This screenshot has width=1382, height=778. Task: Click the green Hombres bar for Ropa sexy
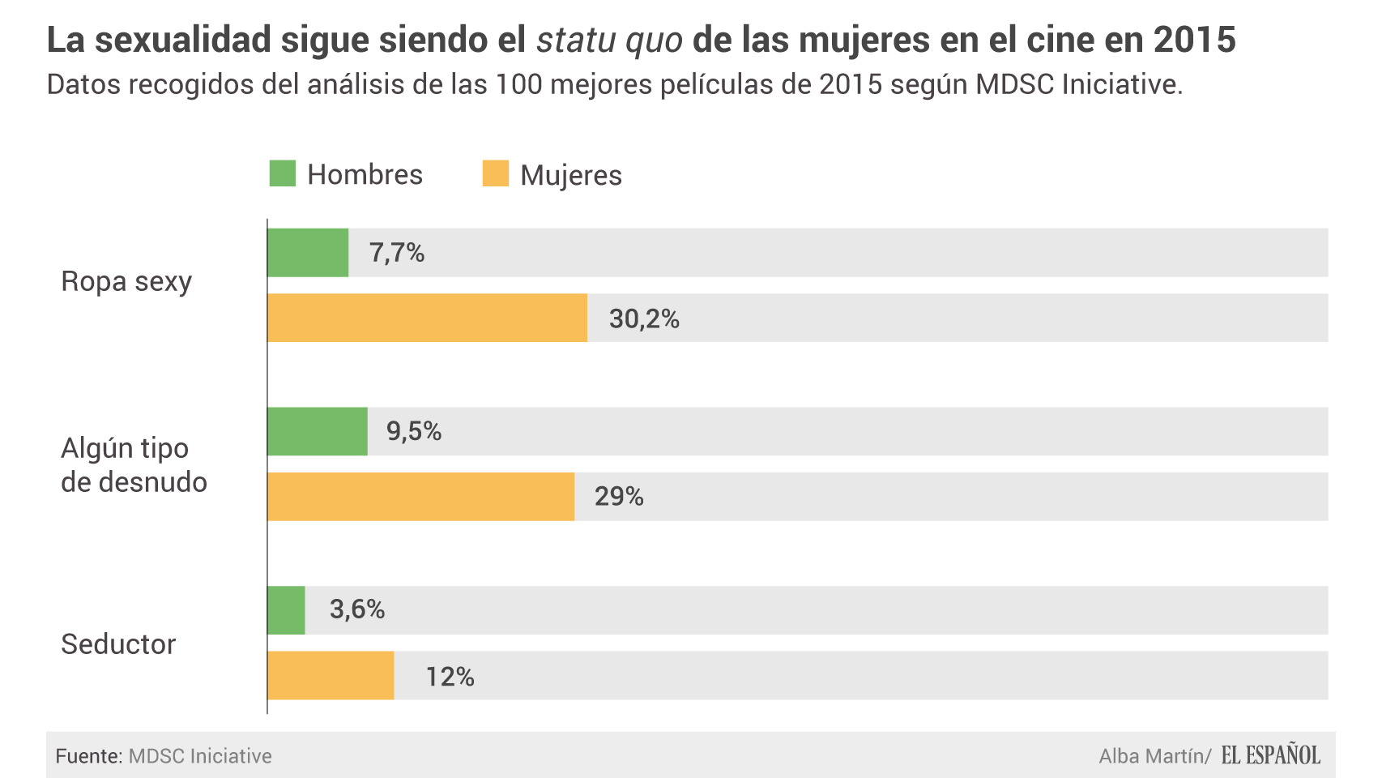308,253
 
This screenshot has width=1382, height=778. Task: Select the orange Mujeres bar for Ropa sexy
427,318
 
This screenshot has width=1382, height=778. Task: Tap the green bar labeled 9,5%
318,431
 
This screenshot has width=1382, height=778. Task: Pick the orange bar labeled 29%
420,496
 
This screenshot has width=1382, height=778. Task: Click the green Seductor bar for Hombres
286,610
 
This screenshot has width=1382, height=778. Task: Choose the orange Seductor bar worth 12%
331,675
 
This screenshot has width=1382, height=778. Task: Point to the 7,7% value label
397,253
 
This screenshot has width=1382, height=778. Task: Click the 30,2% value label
644,318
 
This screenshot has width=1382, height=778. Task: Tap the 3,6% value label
356,609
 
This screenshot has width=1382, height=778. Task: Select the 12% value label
450,676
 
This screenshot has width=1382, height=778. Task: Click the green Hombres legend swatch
283,173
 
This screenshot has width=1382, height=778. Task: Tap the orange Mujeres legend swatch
495,173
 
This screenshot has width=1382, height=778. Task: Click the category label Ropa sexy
126,282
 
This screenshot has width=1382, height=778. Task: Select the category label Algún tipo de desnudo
134,465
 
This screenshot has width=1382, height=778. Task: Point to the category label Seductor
118,644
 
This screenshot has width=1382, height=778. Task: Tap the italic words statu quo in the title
609,39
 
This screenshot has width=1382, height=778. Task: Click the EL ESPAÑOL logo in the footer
1270,755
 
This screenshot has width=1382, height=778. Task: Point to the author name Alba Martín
1151,756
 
